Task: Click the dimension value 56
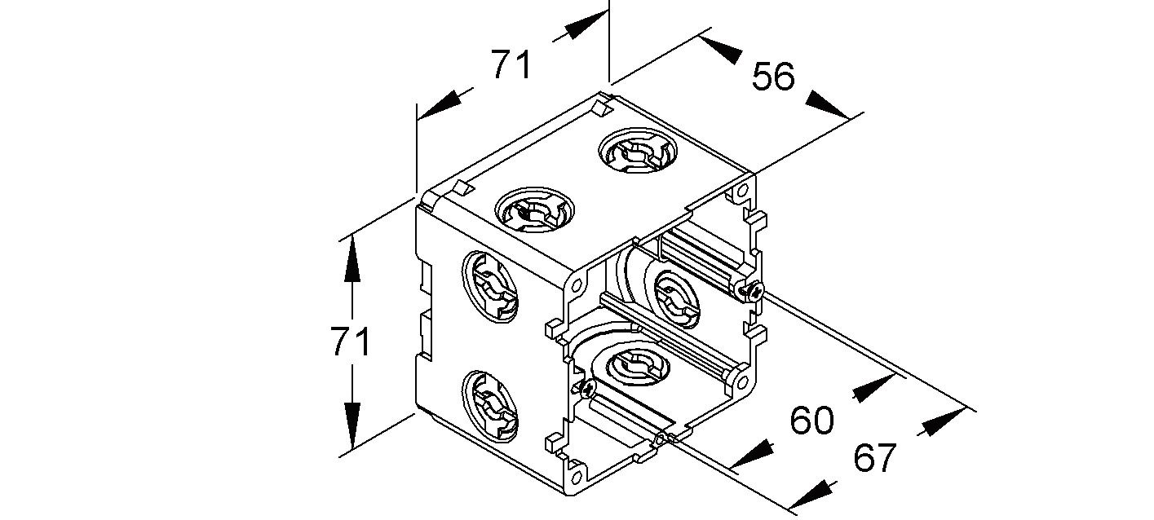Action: (772, 77)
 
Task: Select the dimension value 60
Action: (811, 421)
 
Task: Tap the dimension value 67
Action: (875, 458)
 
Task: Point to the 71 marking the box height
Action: (352, 342)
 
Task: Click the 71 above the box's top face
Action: (511, 64)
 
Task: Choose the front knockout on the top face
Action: (534, 213)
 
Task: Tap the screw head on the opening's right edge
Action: (754, 290)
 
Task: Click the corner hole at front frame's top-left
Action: (576, 285)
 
